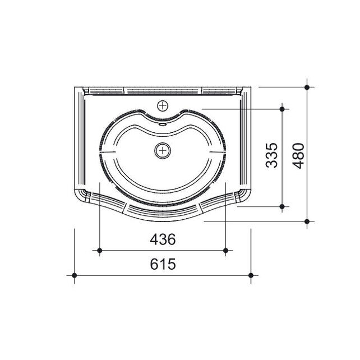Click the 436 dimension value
click(163, 239)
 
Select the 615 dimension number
click(163, 264)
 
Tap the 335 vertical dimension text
click(271, 155)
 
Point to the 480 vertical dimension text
click(298, 156)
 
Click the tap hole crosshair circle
click(163, 106)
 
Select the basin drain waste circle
click(163, 151)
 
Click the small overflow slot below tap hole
click(163, 124)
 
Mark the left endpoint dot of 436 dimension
click(100, 251)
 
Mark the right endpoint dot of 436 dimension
click(225, 251)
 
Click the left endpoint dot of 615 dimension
click(75, 275)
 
